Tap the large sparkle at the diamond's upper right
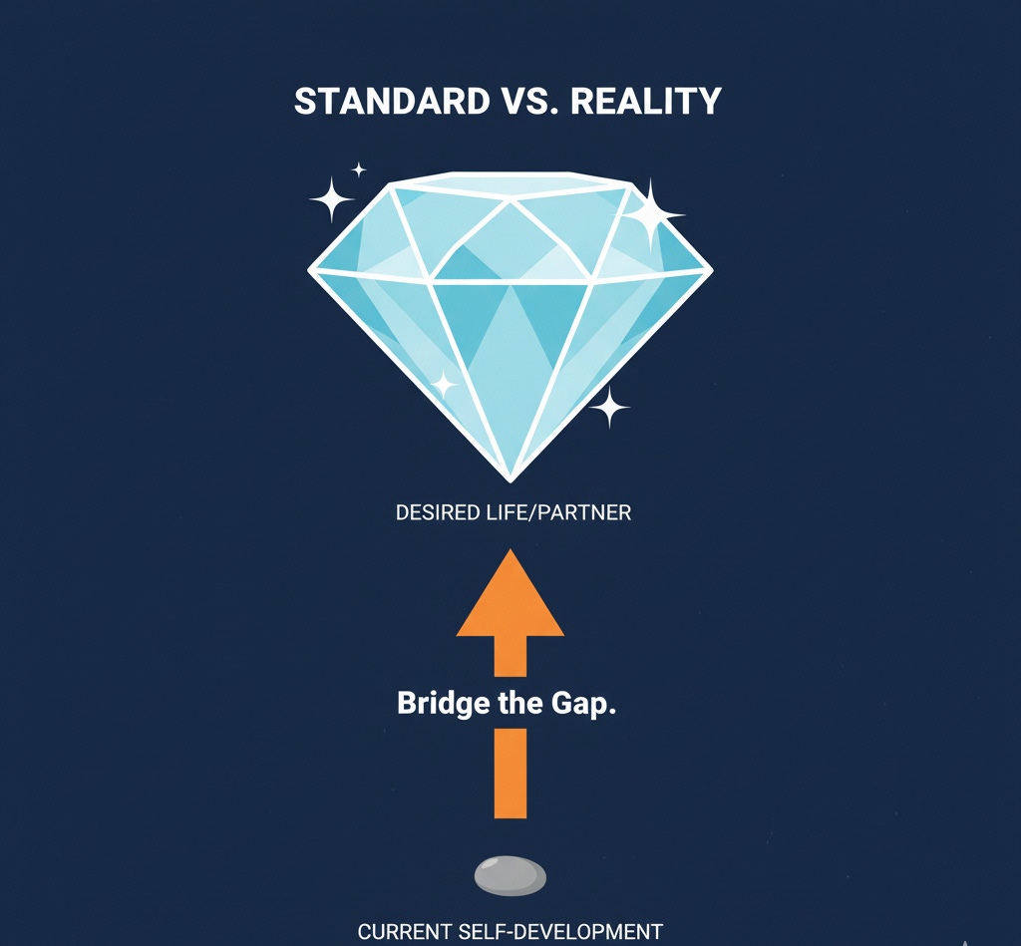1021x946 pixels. click(x=650, y=214)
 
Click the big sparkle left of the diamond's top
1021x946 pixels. click(x=332, y=200)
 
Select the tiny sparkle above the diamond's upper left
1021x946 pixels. click(x=359, y=169)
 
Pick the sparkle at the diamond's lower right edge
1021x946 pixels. click(x=609, y=407)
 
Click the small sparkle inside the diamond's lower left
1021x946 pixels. click(x=443, y=384)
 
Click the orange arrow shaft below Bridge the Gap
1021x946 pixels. click(x=510, y=773)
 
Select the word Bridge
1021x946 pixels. click(x=436, y=703)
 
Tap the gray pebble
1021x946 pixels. click(x=510, y=875)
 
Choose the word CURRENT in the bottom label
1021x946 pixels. click(x=404, y=933)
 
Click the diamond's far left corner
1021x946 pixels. click(x=312, y=269)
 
